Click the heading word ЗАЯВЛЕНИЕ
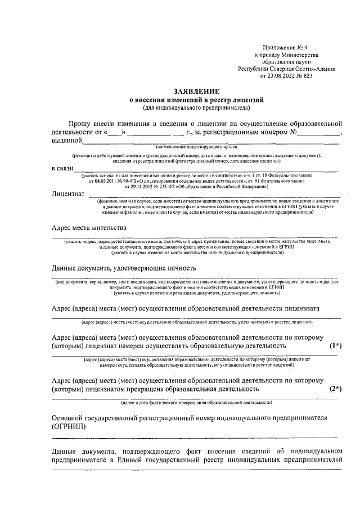coord(196,91)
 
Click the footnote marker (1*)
coord(335,346)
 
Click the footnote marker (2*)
coord(335,389)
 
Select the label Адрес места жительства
coord(89,228)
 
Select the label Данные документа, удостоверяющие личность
coord(123,268)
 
